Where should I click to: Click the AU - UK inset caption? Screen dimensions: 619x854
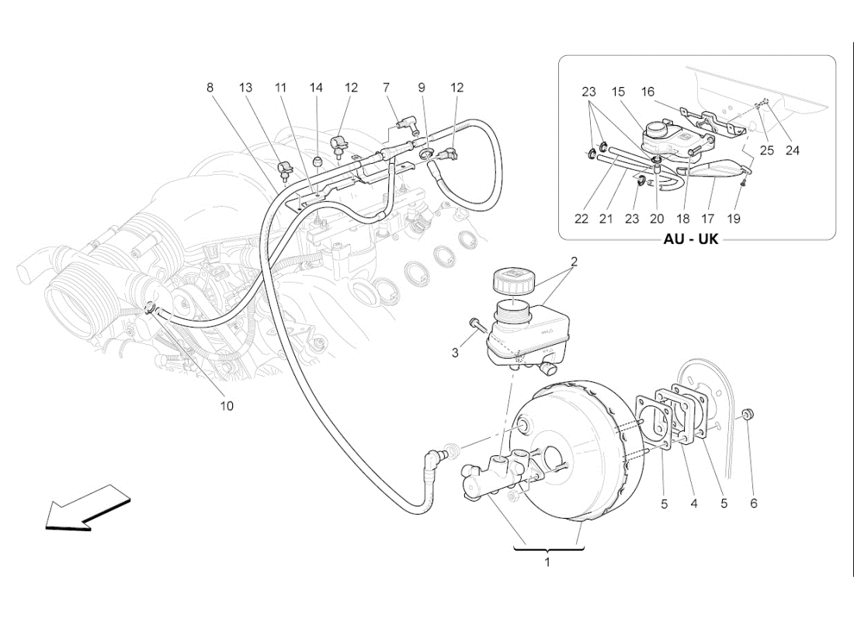(691, 239)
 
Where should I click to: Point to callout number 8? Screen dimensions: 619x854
(210, 88)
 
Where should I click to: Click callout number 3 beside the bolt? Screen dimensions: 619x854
(456, 353)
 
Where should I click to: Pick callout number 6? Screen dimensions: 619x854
(753, 503)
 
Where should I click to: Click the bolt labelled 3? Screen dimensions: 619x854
(475, 324)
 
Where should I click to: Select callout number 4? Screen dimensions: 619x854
(694, 503)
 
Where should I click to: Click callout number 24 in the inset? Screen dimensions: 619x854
(792, 151)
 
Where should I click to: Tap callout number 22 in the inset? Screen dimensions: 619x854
(581, 219)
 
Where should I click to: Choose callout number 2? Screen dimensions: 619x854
(574, 262)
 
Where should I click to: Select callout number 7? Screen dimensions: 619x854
(386, 88)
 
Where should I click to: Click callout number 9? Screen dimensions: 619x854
(422, 88)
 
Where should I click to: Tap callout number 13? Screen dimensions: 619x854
(246, 88)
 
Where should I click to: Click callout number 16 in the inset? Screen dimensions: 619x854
(647, 92)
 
